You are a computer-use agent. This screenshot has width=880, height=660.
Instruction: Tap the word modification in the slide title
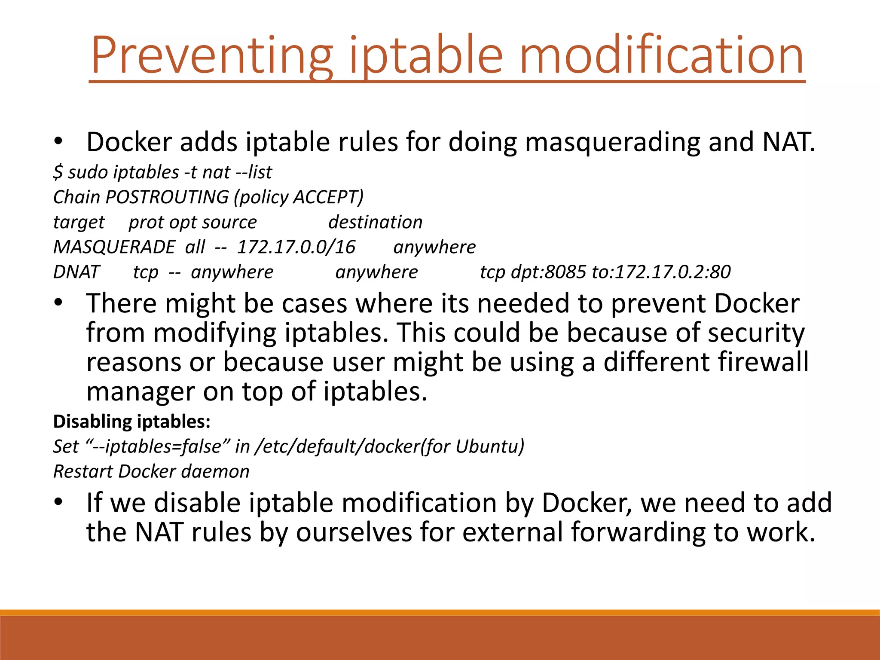tap(661, 56)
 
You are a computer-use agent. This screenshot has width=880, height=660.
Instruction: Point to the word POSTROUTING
tap(167, 197)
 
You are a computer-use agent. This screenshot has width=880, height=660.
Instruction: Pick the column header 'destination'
tap(375, 222)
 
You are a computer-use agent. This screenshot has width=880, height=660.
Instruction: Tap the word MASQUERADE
tap(114, 247)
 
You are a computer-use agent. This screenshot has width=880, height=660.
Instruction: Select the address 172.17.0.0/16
tap(296, 247)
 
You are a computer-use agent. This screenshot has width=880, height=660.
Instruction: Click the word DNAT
tap(76, 272)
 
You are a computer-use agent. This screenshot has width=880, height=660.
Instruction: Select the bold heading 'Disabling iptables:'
tap(131, 422)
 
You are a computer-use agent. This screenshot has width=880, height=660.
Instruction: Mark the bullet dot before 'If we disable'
tap(59, 502)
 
